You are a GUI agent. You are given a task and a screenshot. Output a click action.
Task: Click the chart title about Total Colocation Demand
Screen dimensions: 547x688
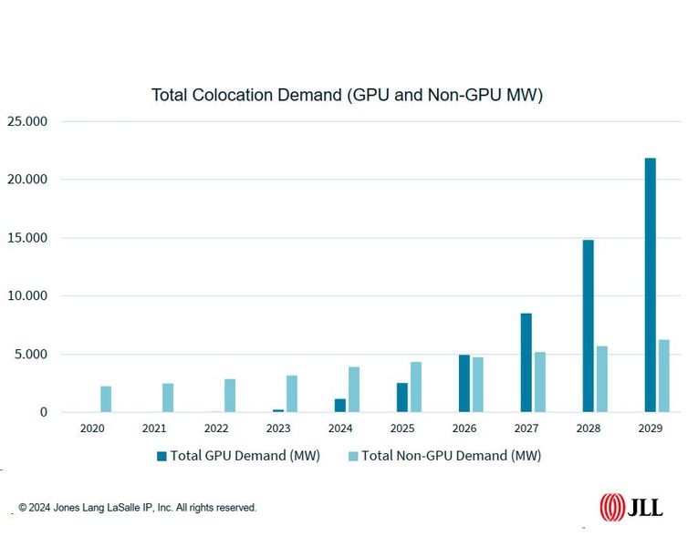347,95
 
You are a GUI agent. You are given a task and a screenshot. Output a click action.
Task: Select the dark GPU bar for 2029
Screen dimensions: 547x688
650,284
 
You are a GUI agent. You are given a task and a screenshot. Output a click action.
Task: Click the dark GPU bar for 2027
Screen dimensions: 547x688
526,362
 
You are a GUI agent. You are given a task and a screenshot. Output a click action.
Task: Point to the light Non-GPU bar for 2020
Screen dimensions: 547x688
106,398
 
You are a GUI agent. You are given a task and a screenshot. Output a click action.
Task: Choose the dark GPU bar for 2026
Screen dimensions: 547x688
464,383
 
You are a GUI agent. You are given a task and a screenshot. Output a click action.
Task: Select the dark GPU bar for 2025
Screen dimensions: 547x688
401,397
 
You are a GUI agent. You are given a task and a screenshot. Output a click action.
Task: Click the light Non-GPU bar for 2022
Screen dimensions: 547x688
230,395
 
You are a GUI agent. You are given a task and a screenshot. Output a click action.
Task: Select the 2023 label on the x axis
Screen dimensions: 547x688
278,428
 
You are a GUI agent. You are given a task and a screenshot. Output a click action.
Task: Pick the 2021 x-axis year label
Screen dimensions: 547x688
154,428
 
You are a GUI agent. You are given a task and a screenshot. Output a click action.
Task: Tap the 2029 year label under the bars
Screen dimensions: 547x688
651,428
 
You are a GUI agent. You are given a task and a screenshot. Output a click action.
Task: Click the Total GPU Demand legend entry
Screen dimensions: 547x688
238,456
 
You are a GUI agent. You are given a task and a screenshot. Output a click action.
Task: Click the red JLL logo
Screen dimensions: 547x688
631,507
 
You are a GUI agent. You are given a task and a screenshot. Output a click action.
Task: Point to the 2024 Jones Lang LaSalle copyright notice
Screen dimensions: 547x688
138,508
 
